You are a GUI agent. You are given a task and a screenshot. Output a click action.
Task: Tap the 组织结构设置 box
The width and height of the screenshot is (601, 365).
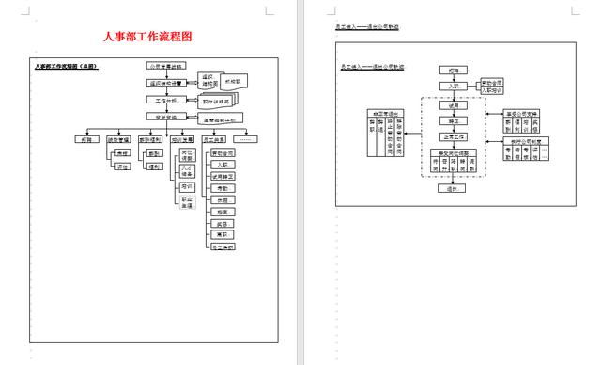tap(167, 83)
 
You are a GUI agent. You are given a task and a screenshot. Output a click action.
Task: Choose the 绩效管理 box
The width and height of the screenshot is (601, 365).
tap(117, 138)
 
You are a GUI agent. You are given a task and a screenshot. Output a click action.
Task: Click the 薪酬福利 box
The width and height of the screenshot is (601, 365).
tap(150, 138)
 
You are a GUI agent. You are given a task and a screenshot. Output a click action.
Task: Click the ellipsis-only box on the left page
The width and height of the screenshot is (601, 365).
tap(250, 138)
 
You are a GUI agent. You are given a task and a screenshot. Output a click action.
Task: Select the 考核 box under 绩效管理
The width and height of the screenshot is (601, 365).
tap(123, 152)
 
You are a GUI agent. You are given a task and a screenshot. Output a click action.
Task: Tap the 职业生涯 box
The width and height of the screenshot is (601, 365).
tap(188, 202)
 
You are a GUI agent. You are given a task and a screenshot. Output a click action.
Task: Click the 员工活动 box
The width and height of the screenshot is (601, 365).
tap(223, 246)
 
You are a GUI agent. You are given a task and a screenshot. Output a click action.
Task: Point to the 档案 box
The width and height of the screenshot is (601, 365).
tap(223, 199)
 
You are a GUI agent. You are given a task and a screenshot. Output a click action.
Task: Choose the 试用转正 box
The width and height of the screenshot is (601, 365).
tap(223, 176)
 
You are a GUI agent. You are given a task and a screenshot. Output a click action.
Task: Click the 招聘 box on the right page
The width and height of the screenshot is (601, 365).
tap(454, 71)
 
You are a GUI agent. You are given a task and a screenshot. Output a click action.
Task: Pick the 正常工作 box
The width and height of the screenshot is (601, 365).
tap(454, 137)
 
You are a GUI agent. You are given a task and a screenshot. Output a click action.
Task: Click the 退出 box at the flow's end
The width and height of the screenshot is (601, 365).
tap(454, 188)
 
